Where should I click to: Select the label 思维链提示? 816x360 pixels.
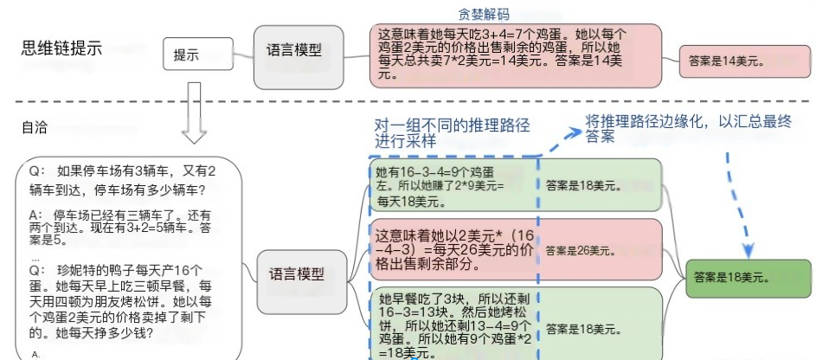pos(62,48)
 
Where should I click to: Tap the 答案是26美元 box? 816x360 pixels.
pos(597,249)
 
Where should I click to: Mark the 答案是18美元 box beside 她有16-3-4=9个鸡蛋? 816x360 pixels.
pos(597,184)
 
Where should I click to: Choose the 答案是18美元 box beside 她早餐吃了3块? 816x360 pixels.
pos(597,329)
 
